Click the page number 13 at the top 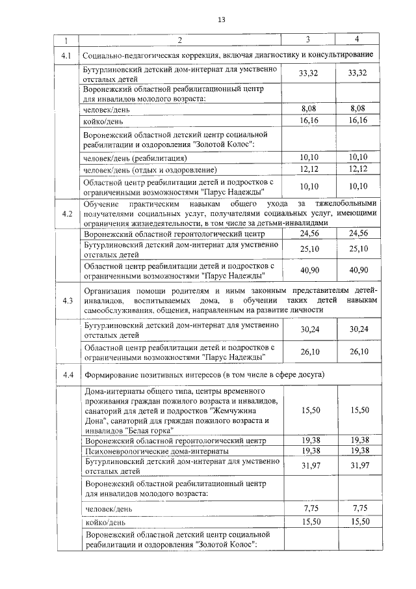pyautogui.click(x=220, y=21)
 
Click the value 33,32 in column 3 pyautogui.click(x=308, y=74)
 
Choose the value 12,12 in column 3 pyautogui.click(x=308, y=169)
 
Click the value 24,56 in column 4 pyautogui.click(x=358, y=233)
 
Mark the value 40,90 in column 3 pyautogui.click(x=308, y=269)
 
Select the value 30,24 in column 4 pyautogui.click(x=358, y=330)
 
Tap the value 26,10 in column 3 pyautogui.click(x=308, y=352)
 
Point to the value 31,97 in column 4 pyautogui.click(x=358, y=465)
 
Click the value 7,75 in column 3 pyautogui.click(x=308, y=508)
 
